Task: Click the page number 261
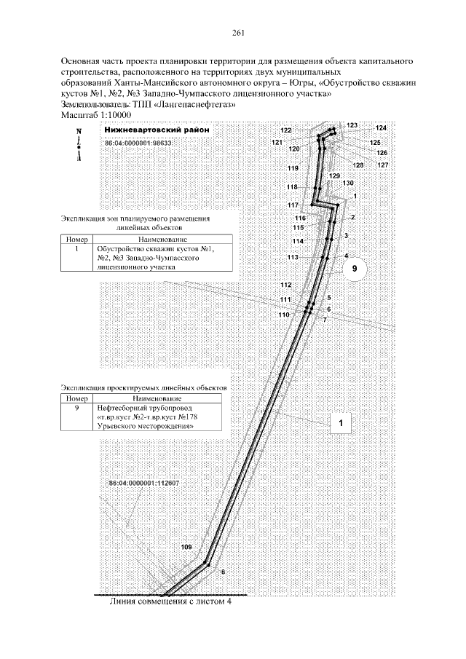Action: point(237,33)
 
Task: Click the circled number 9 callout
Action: point(355,269)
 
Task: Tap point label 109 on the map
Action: point(186,546)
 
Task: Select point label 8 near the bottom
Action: point(222,573)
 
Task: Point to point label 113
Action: point(293,258)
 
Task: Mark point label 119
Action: point(293,169)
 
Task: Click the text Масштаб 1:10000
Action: point(95,115)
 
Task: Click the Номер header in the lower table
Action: point(76,399)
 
